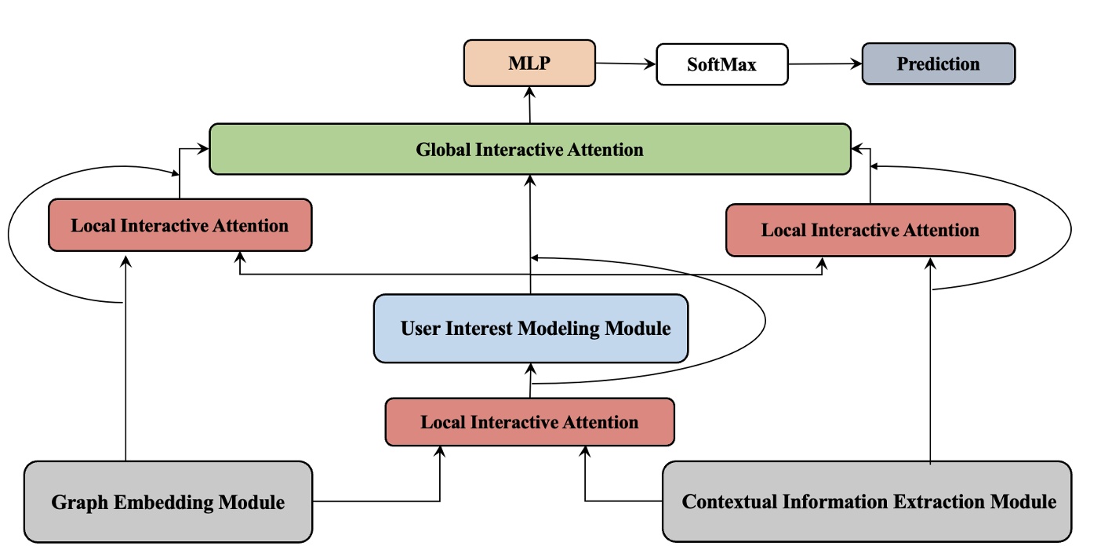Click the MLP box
tap(530, 64)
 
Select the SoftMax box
tap(721, 64)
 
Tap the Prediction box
tap(939, 64)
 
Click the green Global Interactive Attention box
tap(530, 149)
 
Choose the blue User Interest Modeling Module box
tap(531, 328)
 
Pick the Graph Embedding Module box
tap(168, 501)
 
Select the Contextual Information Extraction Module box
tap(867, 501)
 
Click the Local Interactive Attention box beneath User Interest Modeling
tap(529, 422)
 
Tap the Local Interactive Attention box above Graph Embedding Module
tap(180, 225)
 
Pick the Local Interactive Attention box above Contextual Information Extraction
tap(870, 230)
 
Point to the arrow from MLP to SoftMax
tap(625, 64)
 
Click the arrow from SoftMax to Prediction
tap(824, 64)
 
